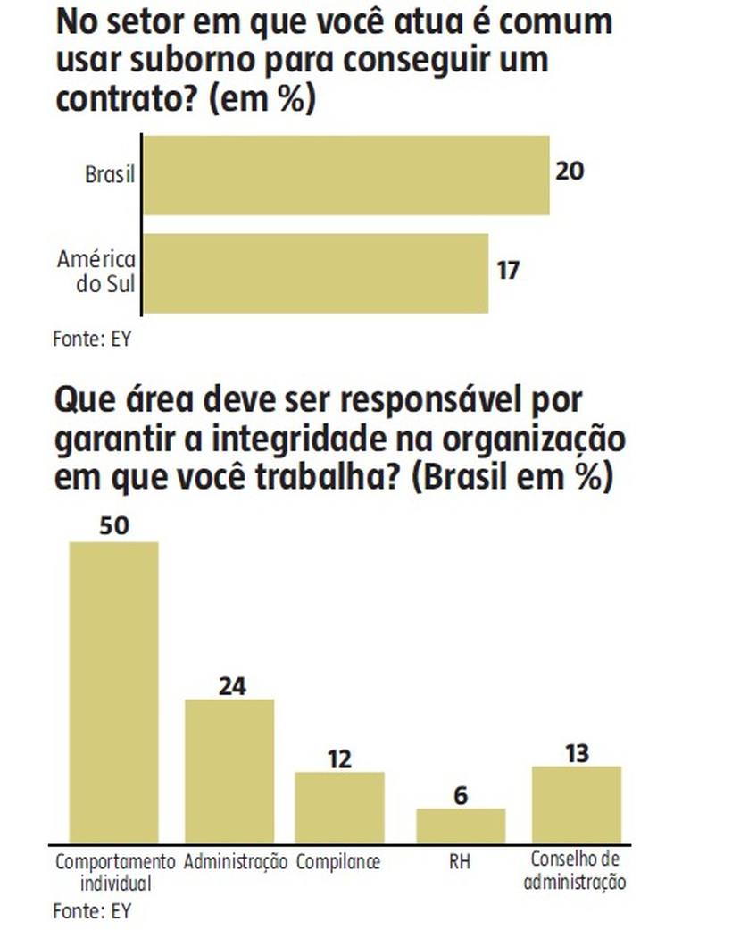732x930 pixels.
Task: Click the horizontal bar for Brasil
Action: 346,175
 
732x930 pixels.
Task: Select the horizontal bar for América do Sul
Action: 316,273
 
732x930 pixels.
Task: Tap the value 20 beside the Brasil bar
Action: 570,170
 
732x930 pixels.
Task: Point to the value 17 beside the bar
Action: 508,269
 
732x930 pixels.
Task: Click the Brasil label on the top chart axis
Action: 109,175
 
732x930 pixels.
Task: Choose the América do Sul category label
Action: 96,273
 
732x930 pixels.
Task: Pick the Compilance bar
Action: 340,807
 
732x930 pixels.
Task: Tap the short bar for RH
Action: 461,825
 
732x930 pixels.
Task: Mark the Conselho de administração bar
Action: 577,804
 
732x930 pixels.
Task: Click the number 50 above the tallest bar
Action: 114,525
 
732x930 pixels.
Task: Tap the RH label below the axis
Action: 461,863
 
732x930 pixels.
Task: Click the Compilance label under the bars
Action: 338,863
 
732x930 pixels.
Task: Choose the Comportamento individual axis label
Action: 115,873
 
